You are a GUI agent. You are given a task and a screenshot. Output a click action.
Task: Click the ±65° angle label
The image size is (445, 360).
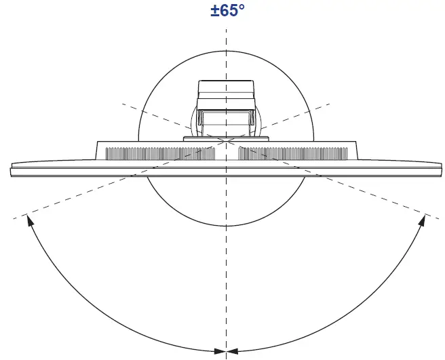coord(227,10)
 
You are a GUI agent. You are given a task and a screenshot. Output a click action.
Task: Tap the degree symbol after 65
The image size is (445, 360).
coord(241,7)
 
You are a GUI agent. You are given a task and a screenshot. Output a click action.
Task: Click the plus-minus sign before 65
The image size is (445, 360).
coord(215,12)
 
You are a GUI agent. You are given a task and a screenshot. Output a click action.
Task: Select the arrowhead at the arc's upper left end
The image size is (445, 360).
coord(30,220)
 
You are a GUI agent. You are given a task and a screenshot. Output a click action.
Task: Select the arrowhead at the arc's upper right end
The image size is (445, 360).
coord(423,220)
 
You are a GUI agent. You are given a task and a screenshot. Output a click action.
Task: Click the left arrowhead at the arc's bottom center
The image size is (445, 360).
coord(220,351)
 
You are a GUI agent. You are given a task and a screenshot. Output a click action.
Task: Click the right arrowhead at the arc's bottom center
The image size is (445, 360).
coord(233,351)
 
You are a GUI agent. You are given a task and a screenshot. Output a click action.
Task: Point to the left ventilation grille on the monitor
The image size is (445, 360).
coord(160,153)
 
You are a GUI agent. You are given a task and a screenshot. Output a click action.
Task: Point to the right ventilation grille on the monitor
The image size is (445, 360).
coord(292,153)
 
